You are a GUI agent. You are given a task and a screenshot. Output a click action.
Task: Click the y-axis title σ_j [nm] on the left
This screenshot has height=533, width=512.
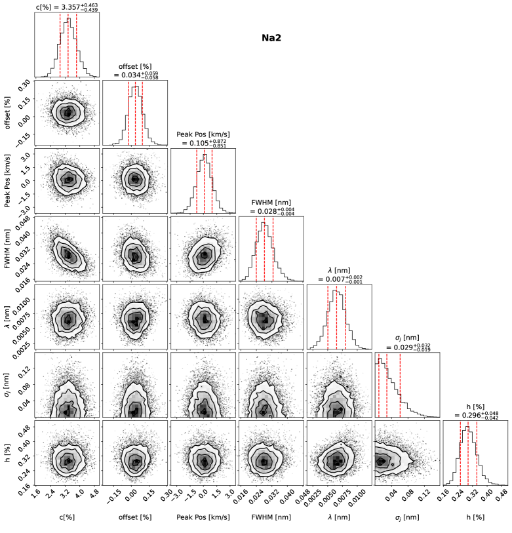tap(7, 383)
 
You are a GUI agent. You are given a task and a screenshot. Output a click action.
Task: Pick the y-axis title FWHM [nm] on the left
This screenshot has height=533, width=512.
tap(7, 247)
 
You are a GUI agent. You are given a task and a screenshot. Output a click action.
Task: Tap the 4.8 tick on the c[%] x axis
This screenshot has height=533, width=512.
tap(96, 500)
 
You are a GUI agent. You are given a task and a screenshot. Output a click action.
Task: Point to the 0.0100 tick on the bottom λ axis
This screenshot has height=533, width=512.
tap(358, 500)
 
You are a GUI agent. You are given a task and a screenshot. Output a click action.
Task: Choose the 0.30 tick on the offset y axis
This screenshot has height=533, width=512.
tap(24, 83)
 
